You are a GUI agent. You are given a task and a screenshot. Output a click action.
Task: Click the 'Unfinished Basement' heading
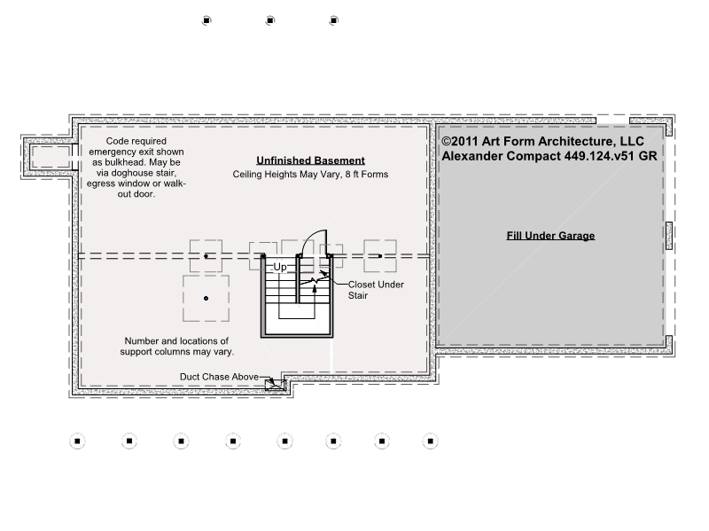point(311,160)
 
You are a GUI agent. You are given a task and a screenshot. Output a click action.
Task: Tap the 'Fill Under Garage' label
point(550,236)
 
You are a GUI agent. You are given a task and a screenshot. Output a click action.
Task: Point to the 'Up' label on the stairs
point(280,267)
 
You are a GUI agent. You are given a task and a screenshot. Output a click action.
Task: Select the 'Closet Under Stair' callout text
point(376,290)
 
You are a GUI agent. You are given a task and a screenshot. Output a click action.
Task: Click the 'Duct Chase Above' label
point(219,377)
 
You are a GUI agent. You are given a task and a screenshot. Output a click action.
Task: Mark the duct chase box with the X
point(275,385)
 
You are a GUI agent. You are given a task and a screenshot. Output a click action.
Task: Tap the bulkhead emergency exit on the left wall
point(51,157)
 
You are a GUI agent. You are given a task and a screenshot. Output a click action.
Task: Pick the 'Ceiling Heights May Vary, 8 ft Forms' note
point(311,174)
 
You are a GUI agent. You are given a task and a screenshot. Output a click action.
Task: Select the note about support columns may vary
point(176,346)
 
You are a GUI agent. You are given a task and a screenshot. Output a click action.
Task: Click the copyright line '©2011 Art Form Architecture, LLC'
point(543,141)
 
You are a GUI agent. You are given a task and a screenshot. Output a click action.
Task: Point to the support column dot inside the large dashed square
point(206,299)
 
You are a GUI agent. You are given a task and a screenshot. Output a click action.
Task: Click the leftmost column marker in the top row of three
point(206,20)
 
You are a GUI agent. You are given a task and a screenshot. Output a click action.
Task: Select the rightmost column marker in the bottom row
point(431,441)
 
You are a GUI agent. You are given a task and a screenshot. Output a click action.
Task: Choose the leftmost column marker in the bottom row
point(77,441)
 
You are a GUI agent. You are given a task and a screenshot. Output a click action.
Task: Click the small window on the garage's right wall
point(669,236)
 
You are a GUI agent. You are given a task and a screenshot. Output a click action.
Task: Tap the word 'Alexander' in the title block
point(472,156)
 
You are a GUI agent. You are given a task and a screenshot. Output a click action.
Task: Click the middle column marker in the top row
point(270,20)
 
